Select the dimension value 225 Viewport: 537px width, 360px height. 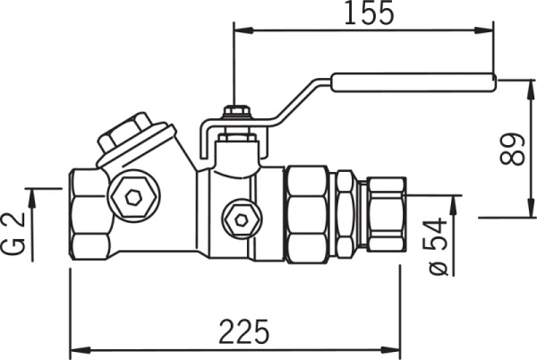pos(244,331)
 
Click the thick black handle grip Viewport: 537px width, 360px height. pos(413,82)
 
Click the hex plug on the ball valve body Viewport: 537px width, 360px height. pos(240,218)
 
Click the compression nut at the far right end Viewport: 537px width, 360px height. pos(386,213)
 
